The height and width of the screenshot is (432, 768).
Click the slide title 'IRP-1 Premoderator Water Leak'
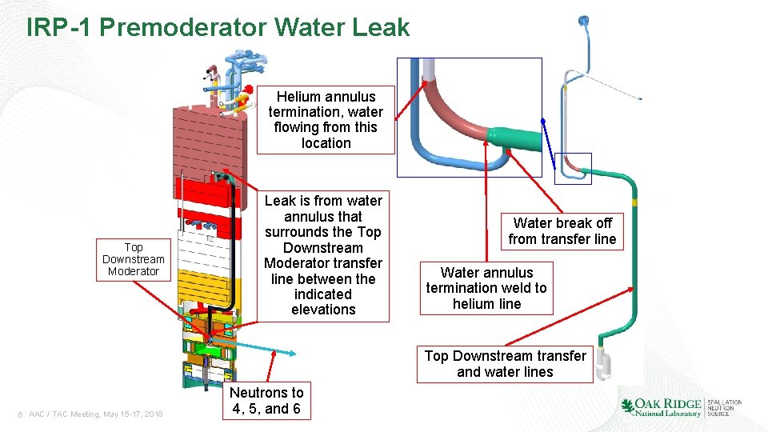click(x=218, y=28)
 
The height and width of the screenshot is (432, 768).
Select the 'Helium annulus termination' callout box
click(x=326, y=120)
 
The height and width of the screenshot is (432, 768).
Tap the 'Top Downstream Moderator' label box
click(x=134, y=259)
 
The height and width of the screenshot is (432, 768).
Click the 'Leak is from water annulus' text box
click(x=323, y=255)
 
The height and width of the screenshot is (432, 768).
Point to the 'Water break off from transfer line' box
click(x=562, y=231)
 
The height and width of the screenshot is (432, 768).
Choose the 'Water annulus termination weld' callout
click(x=486, y=288)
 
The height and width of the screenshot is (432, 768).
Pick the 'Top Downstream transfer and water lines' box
click(x=505, y=364)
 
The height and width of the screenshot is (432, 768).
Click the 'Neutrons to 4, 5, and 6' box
click(x=266, y=401)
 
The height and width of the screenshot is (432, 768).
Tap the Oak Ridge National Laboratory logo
click(x=681, y=407)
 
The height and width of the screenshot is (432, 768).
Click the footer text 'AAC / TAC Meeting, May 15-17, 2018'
click(x=95, y=414)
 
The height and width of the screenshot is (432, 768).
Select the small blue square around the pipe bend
click(x=574, y=168)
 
